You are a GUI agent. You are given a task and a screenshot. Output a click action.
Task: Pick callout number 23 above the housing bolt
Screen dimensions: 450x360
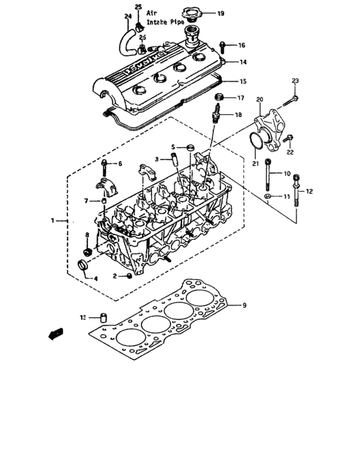(x=295, y=80)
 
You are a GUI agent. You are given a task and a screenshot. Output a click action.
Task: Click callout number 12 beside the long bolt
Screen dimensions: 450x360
(x=309, y=191)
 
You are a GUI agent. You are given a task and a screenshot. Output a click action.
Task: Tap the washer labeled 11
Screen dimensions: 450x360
(x=267, y=194)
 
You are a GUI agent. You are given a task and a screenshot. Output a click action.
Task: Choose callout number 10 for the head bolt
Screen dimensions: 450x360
(x=287, y=174)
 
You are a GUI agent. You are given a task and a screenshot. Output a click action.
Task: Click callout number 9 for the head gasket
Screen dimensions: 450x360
(x=243, y=305)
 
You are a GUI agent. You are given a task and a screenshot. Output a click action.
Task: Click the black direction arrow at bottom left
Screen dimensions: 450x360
(x=57, y=334)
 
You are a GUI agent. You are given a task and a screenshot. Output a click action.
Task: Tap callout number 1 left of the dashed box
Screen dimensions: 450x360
(x=53, y=221)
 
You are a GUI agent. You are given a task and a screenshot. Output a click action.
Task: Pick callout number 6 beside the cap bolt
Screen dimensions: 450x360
(x=119, y=164)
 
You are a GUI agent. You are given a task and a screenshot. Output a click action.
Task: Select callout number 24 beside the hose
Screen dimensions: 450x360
(x=128, y=15)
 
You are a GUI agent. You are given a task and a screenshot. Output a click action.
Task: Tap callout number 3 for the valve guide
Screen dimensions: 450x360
(x=156, y=158)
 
